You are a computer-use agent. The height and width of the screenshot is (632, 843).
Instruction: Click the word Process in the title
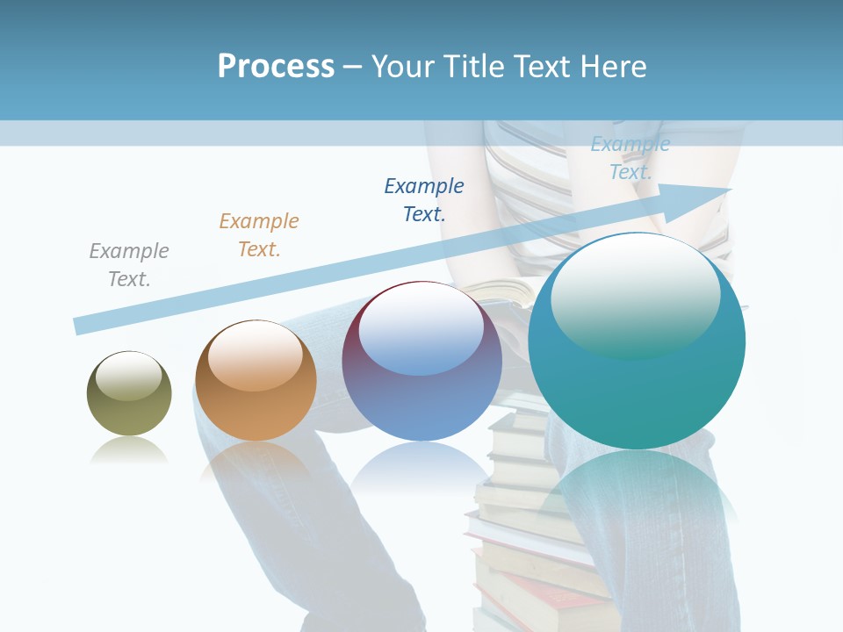276,67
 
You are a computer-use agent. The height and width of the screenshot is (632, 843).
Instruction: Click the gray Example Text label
129,265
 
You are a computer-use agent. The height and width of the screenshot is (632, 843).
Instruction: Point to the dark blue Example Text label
424,199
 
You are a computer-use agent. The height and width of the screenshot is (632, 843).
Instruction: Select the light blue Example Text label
630,158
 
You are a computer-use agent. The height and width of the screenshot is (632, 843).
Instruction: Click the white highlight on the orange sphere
256,353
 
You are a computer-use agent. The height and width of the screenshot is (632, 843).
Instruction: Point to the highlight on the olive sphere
129,376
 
